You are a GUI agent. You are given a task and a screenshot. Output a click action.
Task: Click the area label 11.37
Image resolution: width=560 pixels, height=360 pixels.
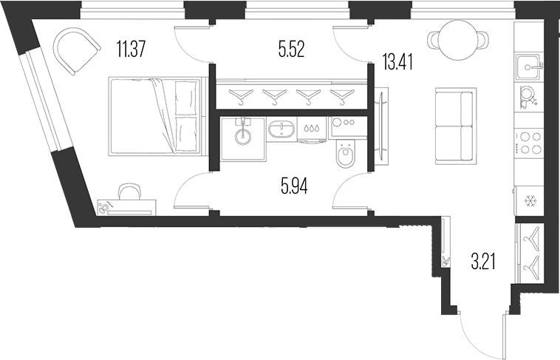[131, 50]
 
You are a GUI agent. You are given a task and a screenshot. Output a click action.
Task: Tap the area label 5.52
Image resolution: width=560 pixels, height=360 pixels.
[292, 50]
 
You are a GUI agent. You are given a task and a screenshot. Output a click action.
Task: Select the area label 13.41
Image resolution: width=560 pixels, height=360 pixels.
[397, 60]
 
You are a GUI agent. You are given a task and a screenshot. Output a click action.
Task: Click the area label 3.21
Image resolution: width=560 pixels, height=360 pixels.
[483, 259]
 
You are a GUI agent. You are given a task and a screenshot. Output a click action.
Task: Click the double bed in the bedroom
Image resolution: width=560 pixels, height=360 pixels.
[155, 116]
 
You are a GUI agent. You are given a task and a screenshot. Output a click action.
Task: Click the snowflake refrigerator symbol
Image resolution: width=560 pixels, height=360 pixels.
[530, 200]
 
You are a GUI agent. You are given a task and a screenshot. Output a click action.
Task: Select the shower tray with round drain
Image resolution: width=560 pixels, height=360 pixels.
[242, 137]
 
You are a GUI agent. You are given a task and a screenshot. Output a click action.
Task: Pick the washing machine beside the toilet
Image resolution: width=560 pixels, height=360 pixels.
[344, 127]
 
